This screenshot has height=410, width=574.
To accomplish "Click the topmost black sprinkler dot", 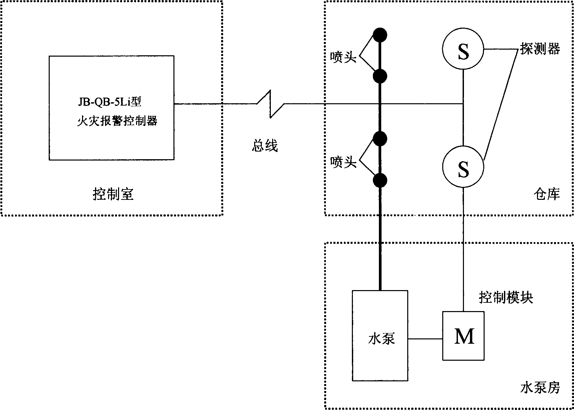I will coord(380,34).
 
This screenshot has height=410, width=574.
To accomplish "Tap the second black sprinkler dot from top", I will coord(380,76).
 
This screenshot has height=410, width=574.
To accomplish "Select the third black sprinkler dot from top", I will coord(380,138).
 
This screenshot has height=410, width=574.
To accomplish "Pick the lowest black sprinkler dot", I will coord(380,181).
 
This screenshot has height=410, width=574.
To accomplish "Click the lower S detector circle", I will coord(463,167).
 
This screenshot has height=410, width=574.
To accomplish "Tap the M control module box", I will coord(463,336).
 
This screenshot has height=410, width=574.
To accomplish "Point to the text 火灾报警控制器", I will coord(117,121).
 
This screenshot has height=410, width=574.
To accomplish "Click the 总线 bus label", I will coord(264,146).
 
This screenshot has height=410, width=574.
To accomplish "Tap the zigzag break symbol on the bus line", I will coord(270,104).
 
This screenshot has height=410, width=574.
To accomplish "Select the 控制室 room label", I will coord(113,194).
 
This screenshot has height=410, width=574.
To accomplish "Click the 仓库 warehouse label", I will coord(546,194).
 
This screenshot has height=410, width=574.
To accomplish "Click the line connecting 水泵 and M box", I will coord(425,339).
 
